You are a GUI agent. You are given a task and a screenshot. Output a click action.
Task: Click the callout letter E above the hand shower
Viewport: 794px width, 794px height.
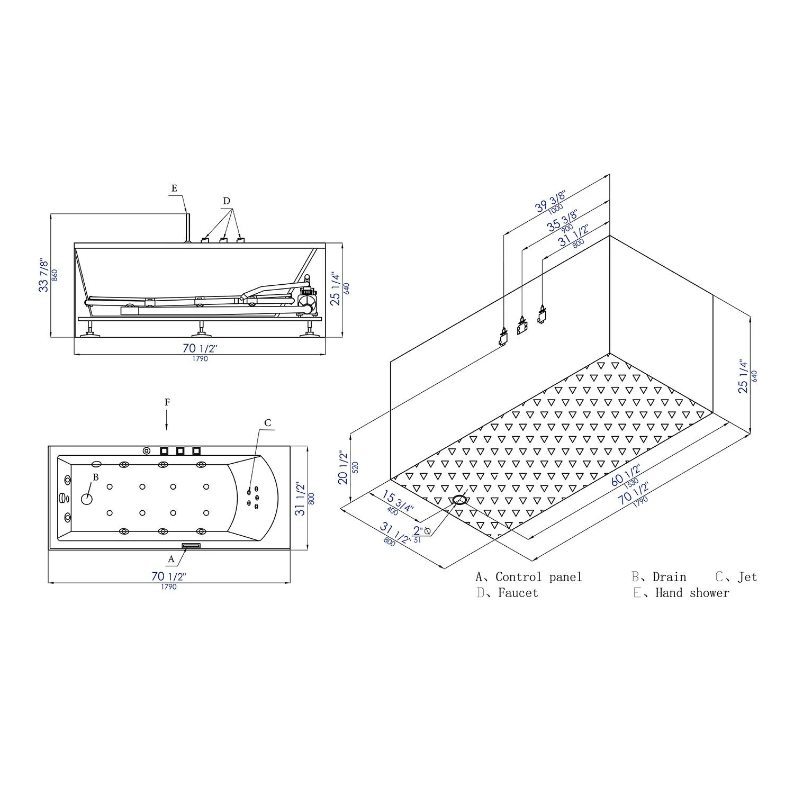(x=175, y=188)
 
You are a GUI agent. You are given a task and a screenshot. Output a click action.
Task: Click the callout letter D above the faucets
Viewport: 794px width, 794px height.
(x=227, y=201)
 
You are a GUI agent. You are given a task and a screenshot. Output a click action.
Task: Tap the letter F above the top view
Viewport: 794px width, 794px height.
(x=167, y=402)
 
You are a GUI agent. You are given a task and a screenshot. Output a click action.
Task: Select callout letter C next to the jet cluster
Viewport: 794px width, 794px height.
(x=268, y=422)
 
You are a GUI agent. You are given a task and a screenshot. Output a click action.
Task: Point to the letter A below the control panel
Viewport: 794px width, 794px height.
(x=171, y=559)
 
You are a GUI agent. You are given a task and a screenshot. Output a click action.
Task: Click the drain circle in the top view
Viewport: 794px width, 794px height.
(x=87, y=498)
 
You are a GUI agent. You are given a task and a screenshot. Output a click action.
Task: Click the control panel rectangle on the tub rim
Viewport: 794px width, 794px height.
(x=191, y=546)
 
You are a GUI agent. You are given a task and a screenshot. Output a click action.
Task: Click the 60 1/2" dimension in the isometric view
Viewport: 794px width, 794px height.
(x=626, y=475)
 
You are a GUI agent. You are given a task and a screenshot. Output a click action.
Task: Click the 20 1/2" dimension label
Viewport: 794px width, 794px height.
(x=343, y=467)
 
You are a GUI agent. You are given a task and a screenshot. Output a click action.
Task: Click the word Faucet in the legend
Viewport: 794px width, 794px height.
(x=518, y=593)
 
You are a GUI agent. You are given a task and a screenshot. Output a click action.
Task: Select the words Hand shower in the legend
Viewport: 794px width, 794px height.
(x=692, y=593)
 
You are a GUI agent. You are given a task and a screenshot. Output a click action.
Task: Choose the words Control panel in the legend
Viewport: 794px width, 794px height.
(x=538, y=577)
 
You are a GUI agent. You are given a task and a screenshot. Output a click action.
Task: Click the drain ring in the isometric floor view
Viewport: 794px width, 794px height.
(x=459, y=500)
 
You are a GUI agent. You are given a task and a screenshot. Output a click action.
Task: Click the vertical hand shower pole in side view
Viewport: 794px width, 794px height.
(x=186, y=228)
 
